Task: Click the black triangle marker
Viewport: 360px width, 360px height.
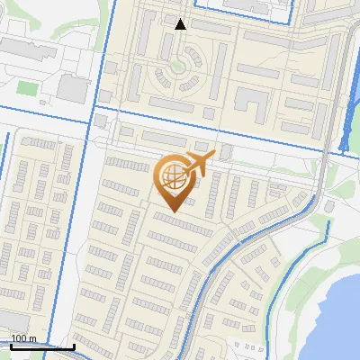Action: (181, 23)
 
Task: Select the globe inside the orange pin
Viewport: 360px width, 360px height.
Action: (171, 178)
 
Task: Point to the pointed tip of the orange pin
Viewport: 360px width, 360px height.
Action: (172, 211)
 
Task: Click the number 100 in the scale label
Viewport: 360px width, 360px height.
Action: (19, 338)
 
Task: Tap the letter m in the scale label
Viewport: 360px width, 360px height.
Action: (33, 338)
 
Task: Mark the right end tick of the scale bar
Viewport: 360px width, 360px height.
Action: (74, 346)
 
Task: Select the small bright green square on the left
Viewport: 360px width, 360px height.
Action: (24, 87)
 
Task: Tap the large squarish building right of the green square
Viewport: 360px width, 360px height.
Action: (71, 87)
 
